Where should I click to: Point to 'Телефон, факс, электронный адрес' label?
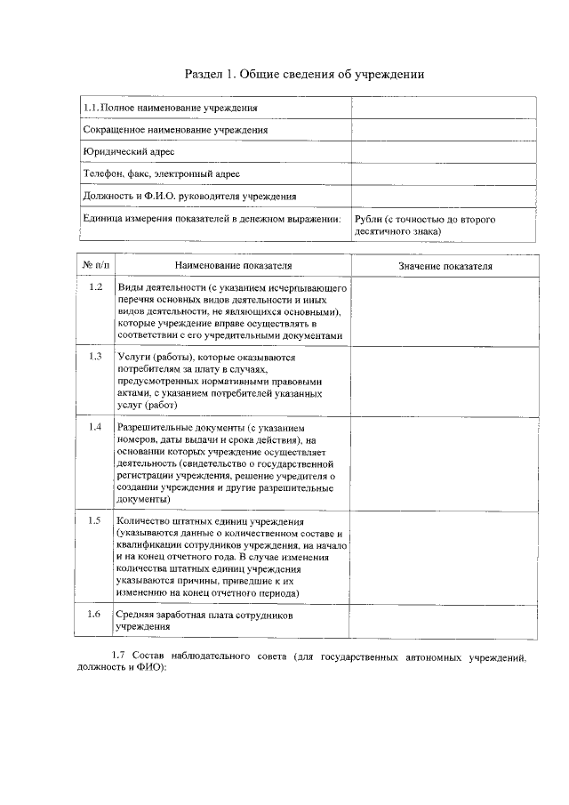pyautogui.click(x=161, y=174)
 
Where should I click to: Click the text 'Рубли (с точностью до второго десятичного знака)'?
pyautogui.click(x=425, y=224)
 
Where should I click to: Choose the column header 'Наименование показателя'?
pyautogui.click(x=232, y=265)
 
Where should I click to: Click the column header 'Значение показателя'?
pyautogui.click(x=445, y=266)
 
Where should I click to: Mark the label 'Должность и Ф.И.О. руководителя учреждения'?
pyautogui.click(x=189, y=197)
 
